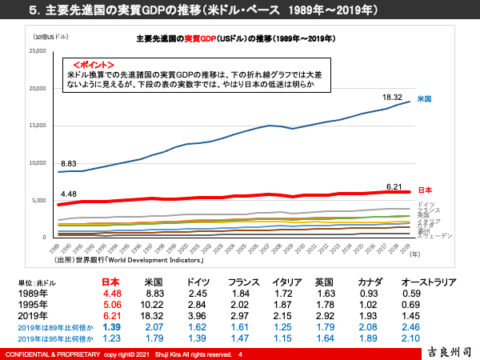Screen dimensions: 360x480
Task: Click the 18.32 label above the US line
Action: [392, 98]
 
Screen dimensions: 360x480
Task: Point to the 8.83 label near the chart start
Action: [69, 162]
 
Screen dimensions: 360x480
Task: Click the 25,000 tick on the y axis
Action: [38, 51]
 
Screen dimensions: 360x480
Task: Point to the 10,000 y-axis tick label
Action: [38, 163]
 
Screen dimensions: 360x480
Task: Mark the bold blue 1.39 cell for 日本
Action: [112, 328]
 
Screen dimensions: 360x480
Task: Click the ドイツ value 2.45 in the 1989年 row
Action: [197, 294]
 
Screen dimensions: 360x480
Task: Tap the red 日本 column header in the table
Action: [112, 282]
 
